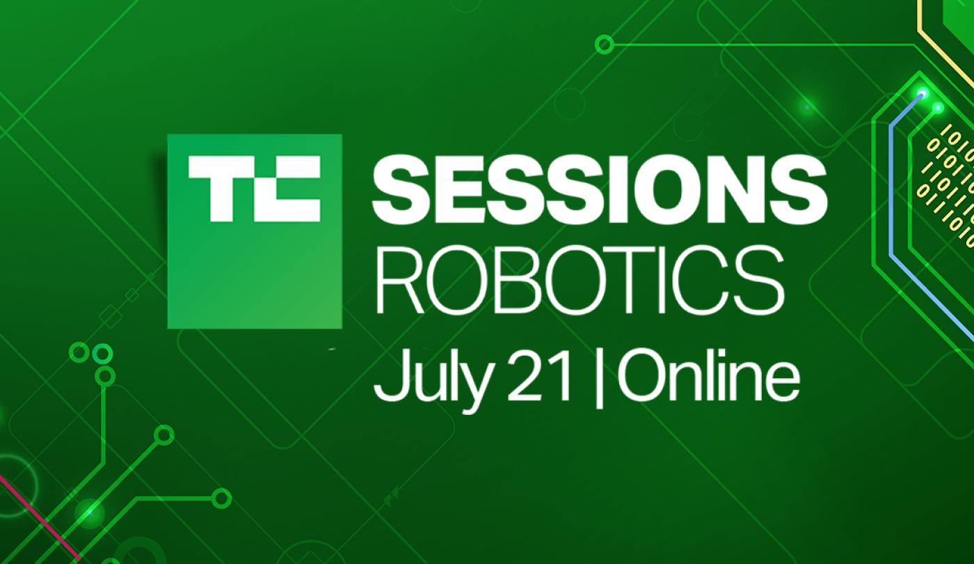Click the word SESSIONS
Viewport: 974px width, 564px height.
(x=600, y=189)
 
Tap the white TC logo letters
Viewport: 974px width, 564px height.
(x=255, y=189)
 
